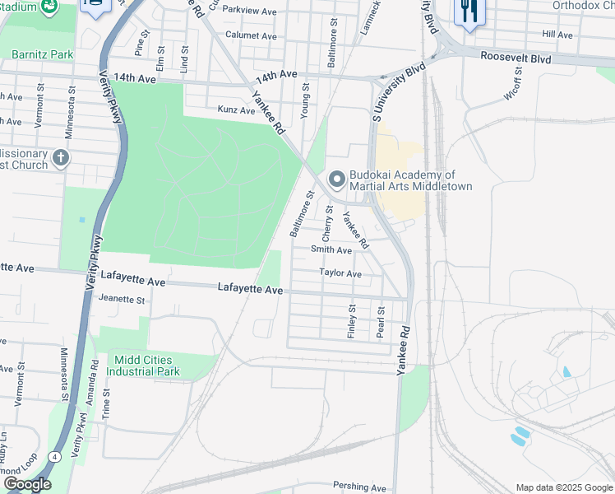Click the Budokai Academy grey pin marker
(336, 179)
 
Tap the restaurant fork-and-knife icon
(468, 12)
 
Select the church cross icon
(60, 157)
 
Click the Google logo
(27, 484)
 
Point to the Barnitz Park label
(43, 55)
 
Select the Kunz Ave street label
(236, 110)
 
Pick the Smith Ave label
(331, 250)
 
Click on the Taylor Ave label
(340, 273)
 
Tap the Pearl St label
(380, 319)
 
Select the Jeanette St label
(121, 301)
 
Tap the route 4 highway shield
(53, 456)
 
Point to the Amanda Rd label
(95, 375)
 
